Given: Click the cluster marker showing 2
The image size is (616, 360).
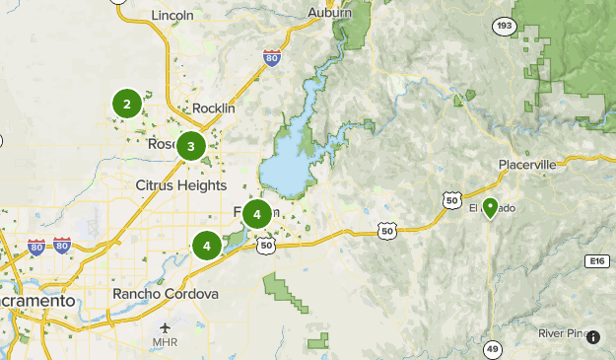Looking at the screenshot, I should [x=126, y=104].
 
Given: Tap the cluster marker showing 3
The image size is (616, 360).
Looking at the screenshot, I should [x=190, y=147].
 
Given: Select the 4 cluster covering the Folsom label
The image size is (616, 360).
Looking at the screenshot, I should [x=256, y=213].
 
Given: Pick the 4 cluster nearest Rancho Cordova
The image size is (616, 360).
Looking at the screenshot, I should [x=207, y=245].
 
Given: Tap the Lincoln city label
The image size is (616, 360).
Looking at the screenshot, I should [x=173, y=16].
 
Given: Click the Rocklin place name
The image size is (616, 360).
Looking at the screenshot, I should [x=214, y=108].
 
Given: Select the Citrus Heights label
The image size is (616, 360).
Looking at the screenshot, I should [x=180, y=185].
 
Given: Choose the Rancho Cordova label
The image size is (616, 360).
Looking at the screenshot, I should [x=165, y=294].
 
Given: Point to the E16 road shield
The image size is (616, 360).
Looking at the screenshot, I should [x=594, y=260].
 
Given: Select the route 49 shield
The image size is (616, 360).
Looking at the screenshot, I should [x=492, y=347].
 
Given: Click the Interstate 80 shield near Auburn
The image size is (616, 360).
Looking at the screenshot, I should [x=272, y=58].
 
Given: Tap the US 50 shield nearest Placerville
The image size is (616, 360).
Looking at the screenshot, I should [x=452, y=200].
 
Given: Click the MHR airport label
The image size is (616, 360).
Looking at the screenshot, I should [x=165, y=343].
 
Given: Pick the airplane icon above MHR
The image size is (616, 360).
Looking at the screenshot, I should [x=165, y=327].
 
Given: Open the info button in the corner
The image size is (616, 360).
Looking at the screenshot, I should [x=594, y=337].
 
